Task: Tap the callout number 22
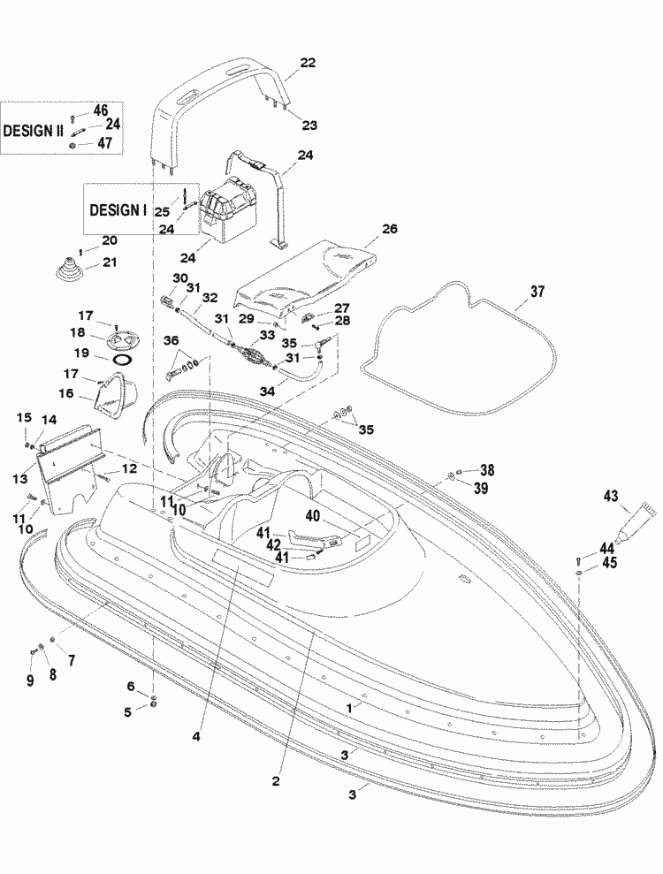click(x=307, y=63)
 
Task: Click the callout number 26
click(x=390, y=227)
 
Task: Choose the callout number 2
click(x=277, y=781)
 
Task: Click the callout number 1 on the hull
click(x=351, y=709)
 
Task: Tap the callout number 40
click(x=313, y=516)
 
